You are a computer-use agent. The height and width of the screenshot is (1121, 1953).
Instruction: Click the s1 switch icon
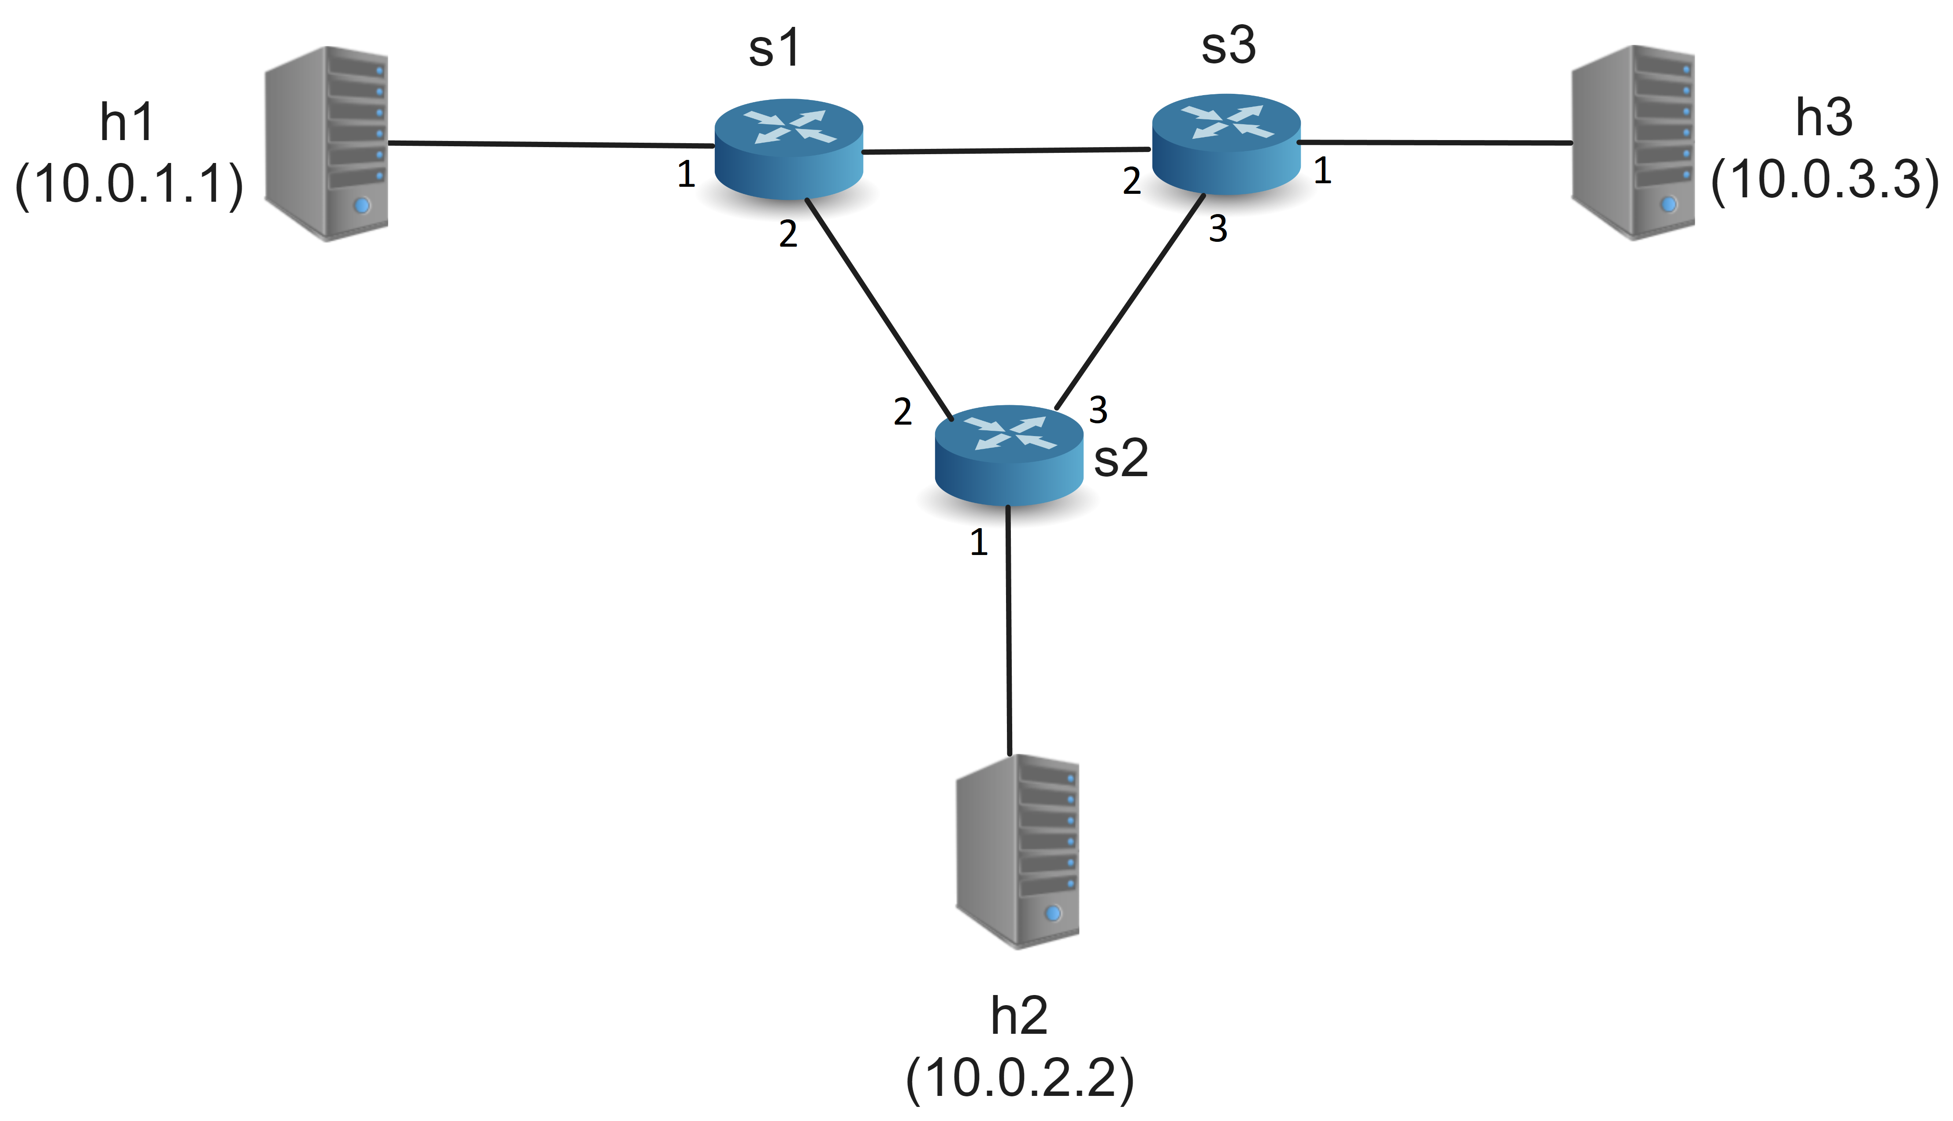789,148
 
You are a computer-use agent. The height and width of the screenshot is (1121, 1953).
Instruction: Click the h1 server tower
327,144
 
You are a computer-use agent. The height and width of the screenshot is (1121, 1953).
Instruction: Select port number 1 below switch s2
978,543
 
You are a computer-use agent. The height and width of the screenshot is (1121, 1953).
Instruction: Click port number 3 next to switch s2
1098,411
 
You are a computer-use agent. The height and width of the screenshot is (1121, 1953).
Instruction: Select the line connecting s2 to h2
1009,631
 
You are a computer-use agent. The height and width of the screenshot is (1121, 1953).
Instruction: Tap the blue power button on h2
1053,913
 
